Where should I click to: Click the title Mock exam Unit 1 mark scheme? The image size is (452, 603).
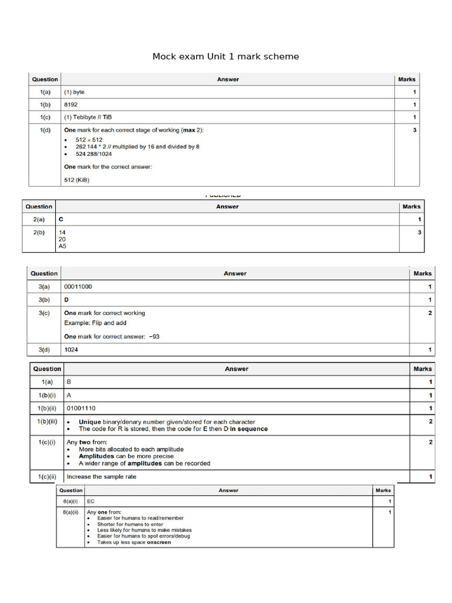pos(225,57)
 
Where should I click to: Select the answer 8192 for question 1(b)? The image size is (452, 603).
pos(71,105)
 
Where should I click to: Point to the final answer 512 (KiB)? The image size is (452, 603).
pos(77,180)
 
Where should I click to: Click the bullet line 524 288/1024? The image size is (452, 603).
pos(94,154)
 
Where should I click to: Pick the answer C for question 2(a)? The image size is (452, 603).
pos(61,220)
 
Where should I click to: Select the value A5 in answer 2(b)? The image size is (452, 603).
pos(62,246)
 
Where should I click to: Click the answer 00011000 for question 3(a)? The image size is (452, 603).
pos(78,287)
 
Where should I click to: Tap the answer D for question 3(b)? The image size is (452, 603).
pos(67,300)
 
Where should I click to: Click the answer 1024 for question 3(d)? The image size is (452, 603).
pos(71,350)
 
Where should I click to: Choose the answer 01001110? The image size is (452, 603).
pos(82,408)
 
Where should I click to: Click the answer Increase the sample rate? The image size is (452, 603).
pos(101,476)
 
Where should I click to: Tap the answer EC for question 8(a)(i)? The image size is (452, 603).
pos(91,501)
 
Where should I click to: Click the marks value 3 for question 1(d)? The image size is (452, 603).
pos(414,130)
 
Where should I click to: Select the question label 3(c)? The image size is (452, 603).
pos(44,313)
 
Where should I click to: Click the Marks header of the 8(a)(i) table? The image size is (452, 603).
pos(383,490)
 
